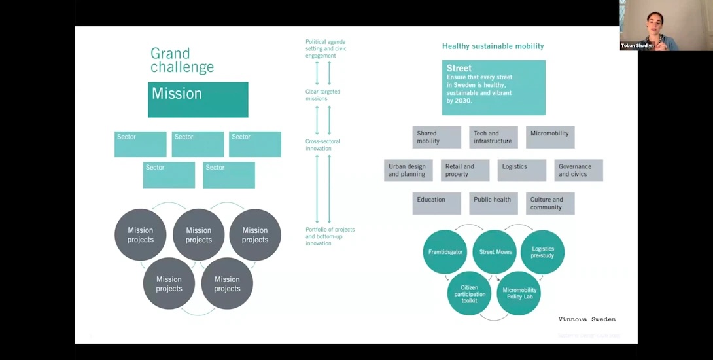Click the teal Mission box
198,99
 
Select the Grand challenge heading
182,60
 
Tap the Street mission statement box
493,88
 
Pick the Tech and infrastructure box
493,137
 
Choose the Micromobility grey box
550,137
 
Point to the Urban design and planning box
408,170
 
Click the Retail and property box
464,170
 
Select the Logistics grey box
521,170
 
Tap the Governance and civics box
578,170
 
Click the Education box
436,203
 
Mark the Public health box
493,203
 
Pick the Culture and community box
550,203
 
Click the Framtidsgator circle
445,252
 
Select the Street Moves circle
495,252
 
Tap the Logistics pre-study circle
542,252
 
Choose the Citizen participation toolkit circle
469,293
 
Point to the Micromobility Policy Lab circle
519,293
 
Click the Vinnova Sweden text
587,319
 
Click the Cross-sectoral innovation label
323,145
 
